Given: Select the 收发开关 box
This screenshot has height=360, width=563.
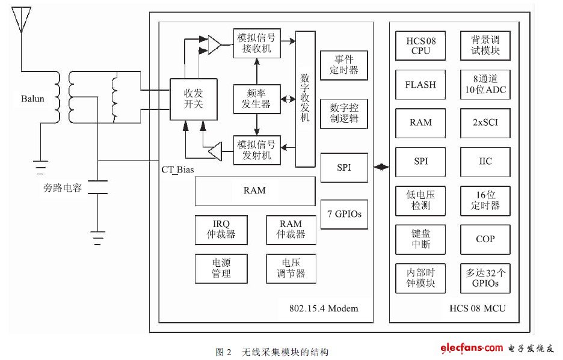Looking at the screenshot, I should pyautogui.click(x=193, y=99).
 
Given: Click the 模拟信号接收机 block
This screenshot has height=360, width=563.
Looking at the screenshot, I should pyautogui.click(x=258, y=43).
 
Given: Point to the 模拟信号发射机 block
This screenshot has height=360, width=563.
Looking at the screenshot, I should pyautogui.click(x=258, y=149).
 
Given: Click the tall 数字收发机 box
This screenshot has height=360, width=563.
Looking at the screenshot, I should pyautogui.click(x=305, y=98).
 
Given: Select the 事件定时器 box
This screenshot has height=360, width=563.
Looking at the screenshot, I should pyautogui.click(x=343, y=66).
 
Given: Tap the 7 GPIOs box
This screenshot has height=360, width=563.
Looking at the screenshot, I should pyautogui.click(x=343, y=214).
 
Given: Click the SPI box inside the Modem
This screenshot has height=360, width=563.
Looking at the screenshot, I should pyautogui.click(x=343, y=168).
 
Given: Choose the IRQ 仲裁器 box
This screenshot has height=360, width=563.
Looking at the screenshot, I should pyautogui.click(x=221, y=229).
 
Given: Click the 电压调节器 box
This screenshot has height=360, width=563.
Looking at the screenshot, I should pyautogui.click(x=290, y=268).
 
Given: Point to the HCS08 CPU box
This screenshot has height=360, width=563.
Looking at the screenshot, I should pyautogui.click(x=420, y=46).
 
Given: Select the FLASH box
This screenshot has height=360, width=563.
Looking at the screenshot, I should pyautogui.click(x=420, y=85).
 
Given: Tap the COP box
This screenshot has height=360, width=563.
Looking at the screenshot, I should pyautogui.click(x=485, y=239).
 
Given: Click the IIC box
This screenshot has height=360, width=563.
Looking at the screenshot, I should pyautogui.click(x=485, y=162).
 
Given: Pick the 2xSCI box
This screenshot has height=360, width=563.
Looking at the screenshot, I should pyautogui.click(x=485, y=123).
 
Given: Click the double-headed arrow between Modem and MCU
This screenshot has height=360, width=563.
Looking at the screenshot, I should pyautogui.click(x=381, y=167).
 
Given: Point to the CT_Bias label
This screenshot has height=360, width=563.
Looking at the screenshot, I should pyautogui.click(x=177, y=169).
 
